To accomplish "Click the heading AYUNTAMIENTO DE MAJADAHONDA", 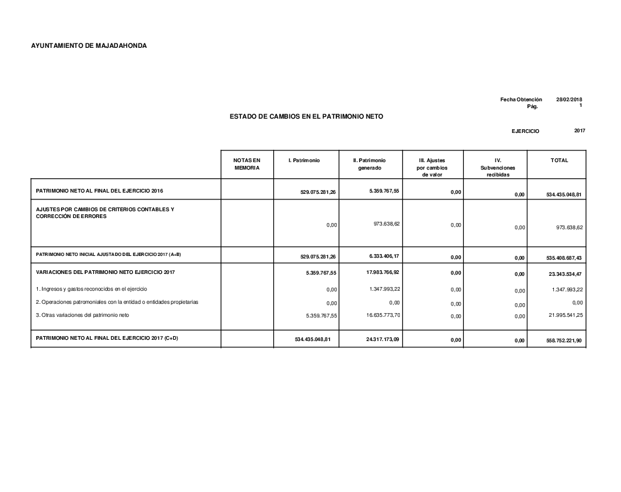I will point(89,46).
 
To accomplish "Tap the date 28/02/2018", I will point(569,99).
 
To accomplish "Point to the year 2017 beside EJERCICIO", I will point(580,130).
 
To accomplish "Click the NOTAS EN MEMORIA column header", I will point(247,164).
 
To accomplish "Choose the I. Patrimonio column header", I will point(304,160).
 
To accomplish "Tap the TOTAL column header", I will point(559,160).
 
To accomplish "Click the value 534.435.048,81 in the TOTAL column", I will point(564,194).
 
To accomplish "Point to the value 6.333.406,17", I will point(383,255).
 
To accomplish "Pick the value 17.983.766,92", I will point(383,271).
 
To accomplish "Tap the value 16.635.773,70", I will point(383,315).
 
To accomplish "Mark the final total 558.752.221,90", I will point(564,340).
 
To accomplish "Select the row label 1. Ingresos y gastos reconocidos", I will point(91,289).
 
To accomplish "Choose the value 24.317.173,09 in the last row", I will point(383,339).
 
